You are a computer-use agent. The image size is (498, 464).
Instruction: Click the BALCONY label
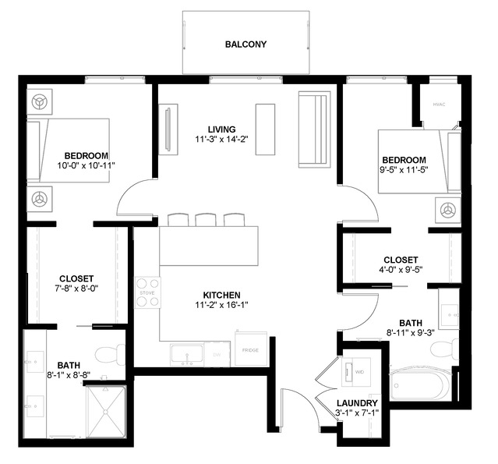click(x=245, y=44)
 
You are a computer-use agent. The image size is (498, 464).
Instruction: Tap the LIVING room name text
click(x=221, y=129)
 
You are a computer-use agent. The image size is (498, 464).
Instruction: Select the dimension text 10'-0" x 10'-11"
click(x=86, y=165)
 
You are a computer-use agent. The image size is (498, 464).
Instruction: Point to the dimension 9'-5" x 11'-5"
click(x=404, y=170)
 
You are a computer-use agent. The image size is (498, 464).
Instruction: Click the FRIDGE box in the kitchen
click(x=251, y=350)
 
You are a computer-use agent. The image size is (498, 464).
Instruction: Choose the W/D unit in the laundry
click(x=358, y=371)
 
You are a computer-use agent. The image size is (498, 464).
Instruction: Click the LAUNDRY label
click(x=358, y=403)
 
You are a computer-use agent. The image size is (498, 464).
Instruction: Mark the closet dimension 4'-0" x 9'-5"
click(x=401, y=271)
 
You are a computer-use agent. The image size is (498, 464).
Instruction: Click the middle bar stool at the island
click(x=206, y=220)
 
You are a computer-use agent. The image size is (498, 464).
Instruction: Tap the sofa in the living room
click(x=314, y=129)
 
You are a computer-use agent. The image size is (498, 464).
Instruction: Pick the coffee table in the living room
click(x=266, y=129)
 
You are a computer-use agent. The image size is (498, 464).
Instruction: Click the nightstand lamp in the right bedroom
click(x=447, y=210)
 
